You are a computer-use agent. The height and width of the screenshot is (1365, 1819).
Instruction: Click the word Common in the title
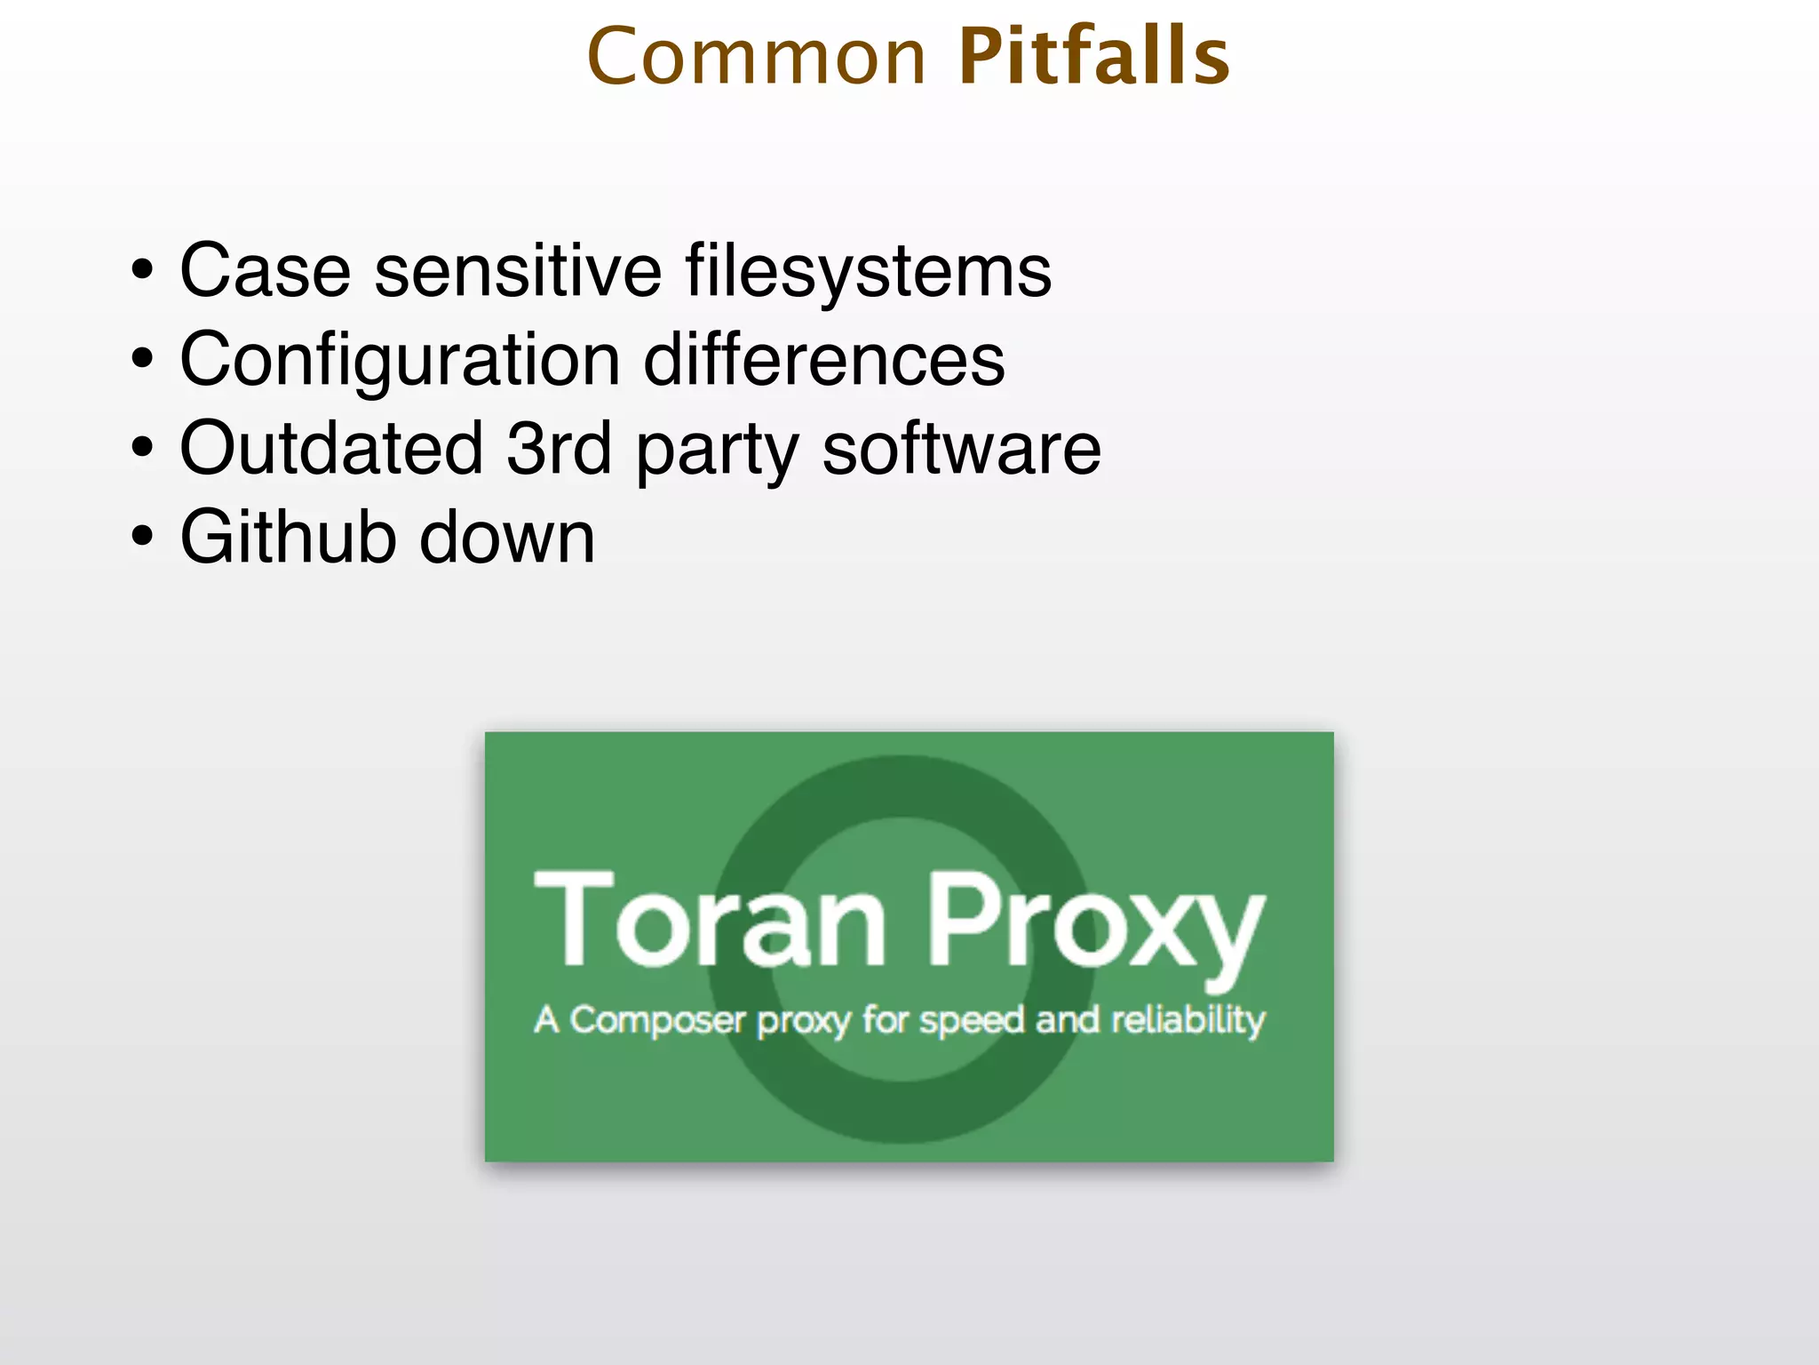click(757, 58)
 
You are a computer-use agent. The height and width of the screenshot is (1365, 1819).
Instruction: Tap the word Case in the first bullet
click(265, 271)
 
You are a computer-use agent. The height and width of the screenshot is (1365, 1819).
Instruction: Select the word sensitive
click(518, 271)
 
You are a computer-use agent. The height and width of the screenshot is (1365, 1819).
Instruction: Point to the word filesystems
click(868, 271)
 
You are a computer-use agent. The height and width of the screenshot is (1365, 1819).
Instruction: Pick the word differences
click(823, 360)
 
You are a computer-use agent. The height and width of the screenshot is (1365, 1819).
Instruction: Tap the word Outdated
click(331, 449)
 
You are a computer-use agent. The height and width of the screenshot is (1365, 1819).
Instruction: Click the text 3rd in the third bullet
click(559, 449)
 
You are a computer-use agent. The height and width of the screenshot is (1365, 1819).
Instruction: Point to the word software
click(961, 449)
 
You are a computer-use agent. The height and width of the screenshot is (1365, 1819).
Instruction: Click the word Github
click(287, 538)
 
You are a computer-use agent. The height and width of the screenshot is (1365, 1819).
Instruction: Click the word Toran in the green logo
click(709, 919)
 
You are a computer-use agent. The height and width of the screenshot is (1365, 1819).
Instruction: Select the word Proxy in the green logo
click(1094, 924)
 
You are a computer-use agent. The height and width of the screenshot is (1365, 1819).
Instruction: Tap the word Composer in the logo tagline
click(656, 1020)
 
